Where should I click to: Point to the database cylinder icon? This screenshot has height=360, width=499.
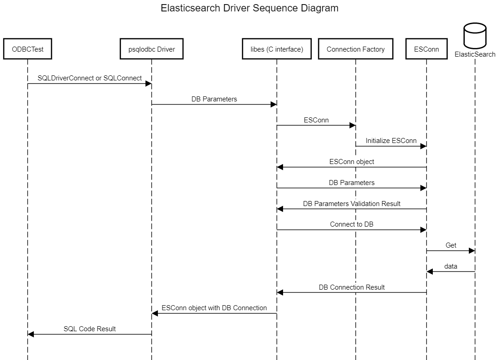tap(475, 36)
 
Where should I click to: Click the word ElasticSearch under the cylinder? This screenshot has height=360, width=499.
tap(475, 54)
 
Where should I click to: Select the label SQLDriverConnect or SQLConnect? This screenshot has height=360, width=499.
tap(90, 78)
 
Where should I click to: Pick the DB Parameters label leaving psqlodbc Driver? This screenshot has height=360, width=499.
tap(214, 99)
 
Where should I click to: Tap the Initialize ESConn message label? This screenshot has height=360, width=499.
tap(391, 141)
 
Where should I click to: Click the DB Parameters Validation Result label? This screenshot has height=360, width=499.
tap(352, 204)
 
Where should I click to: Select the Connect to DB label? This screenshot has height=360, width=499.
tap(352, 224)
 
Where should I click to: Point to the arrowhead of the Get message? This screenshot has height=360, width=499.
tap(472, 251)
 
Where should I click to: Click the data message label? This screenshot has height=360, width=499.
tap(451, 266)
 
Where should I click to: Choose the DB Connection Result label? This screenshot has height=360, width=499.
tap(352, 287)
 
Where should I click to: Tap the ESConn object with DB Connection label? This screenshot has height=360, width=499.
tap(214, 308)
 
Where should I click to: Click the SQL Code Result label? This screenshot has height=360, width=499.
tap(90, 329)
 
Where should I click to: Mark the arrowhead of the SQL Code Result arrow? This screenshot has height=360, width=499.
tap(31, 334)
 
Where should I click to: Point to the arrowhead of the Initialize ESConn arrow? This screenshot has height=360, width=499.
tap(423, 146)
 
